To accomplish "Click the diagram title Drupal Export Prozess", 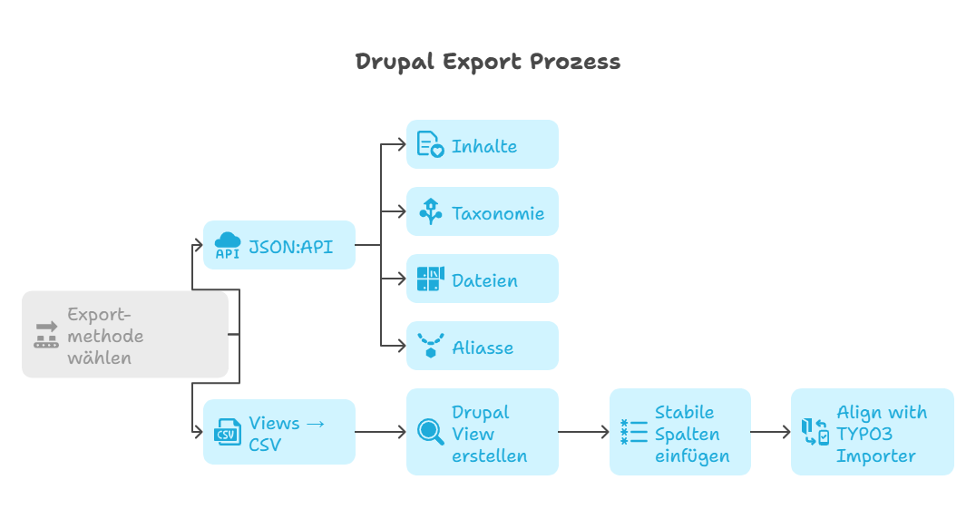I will pyautogui.click(x=487, y=62).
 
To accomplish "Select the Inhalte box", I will pyautogui.click(x=482, y=145).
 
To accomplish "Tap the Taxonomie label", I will pyautogui.click(x=498, y=213).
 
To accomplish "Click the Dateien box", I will pyautogui.click(x=482, y=279).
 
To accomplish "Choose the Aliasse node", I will pyautogui.click(x=482, y=347).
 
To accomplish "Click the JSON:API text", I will pyautogui.click(x=290, y=245).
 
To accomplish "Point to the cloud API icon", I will pyautogui.click(x=228, y=245).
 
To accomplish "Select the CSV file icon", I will pyautogui.click(x=228, y=433).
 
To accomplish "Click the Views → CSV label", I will pyautogui.click(x=286, y=433).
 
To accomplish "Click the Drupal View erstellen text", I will pyautogui.click(x=489, y=433).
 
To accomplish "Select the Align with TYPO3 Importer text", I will pyautogui.click(x=881, y=433).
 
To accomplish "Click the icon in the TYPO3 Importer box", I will pyautogui.click(x=815, y=433).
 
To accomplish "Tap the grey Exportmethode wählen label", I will pyautogui.click(x=105, y=336).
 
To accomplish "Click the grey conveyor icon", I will pyautogui.click(x=46, y=335).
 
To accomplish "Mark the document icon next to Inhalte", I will pyautogui.click(x=430, y=145).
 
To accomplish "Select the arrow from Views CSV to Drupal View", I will pyautogui.click(x=381, y=433).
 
